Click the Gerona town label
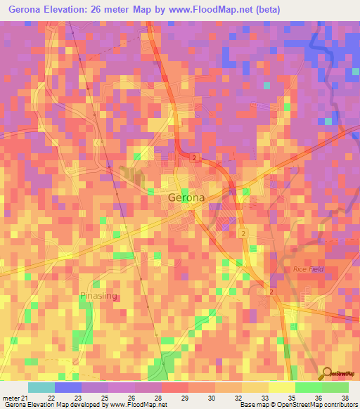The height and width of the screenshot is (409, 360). [186, 197]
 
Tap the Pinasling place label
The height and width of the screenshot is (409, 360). [98, 296]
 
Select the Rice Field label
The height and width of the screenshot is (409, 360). [307, 270]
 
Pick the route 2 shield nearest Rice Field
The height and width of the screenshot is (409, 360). [271, 291]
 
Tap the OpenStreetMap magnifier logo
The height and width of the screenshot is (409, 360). [328, 375]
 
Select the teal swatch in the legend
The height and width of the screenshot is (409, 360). [41, 387]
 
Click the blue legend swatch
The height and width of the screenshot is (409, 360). [68, 387]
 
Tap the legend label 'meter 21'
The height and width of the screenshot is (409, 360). [15, 398]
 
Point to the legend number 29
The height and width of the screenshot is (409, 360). [186, 398]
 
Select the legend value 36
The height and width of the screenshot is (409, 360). [318, 398]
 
